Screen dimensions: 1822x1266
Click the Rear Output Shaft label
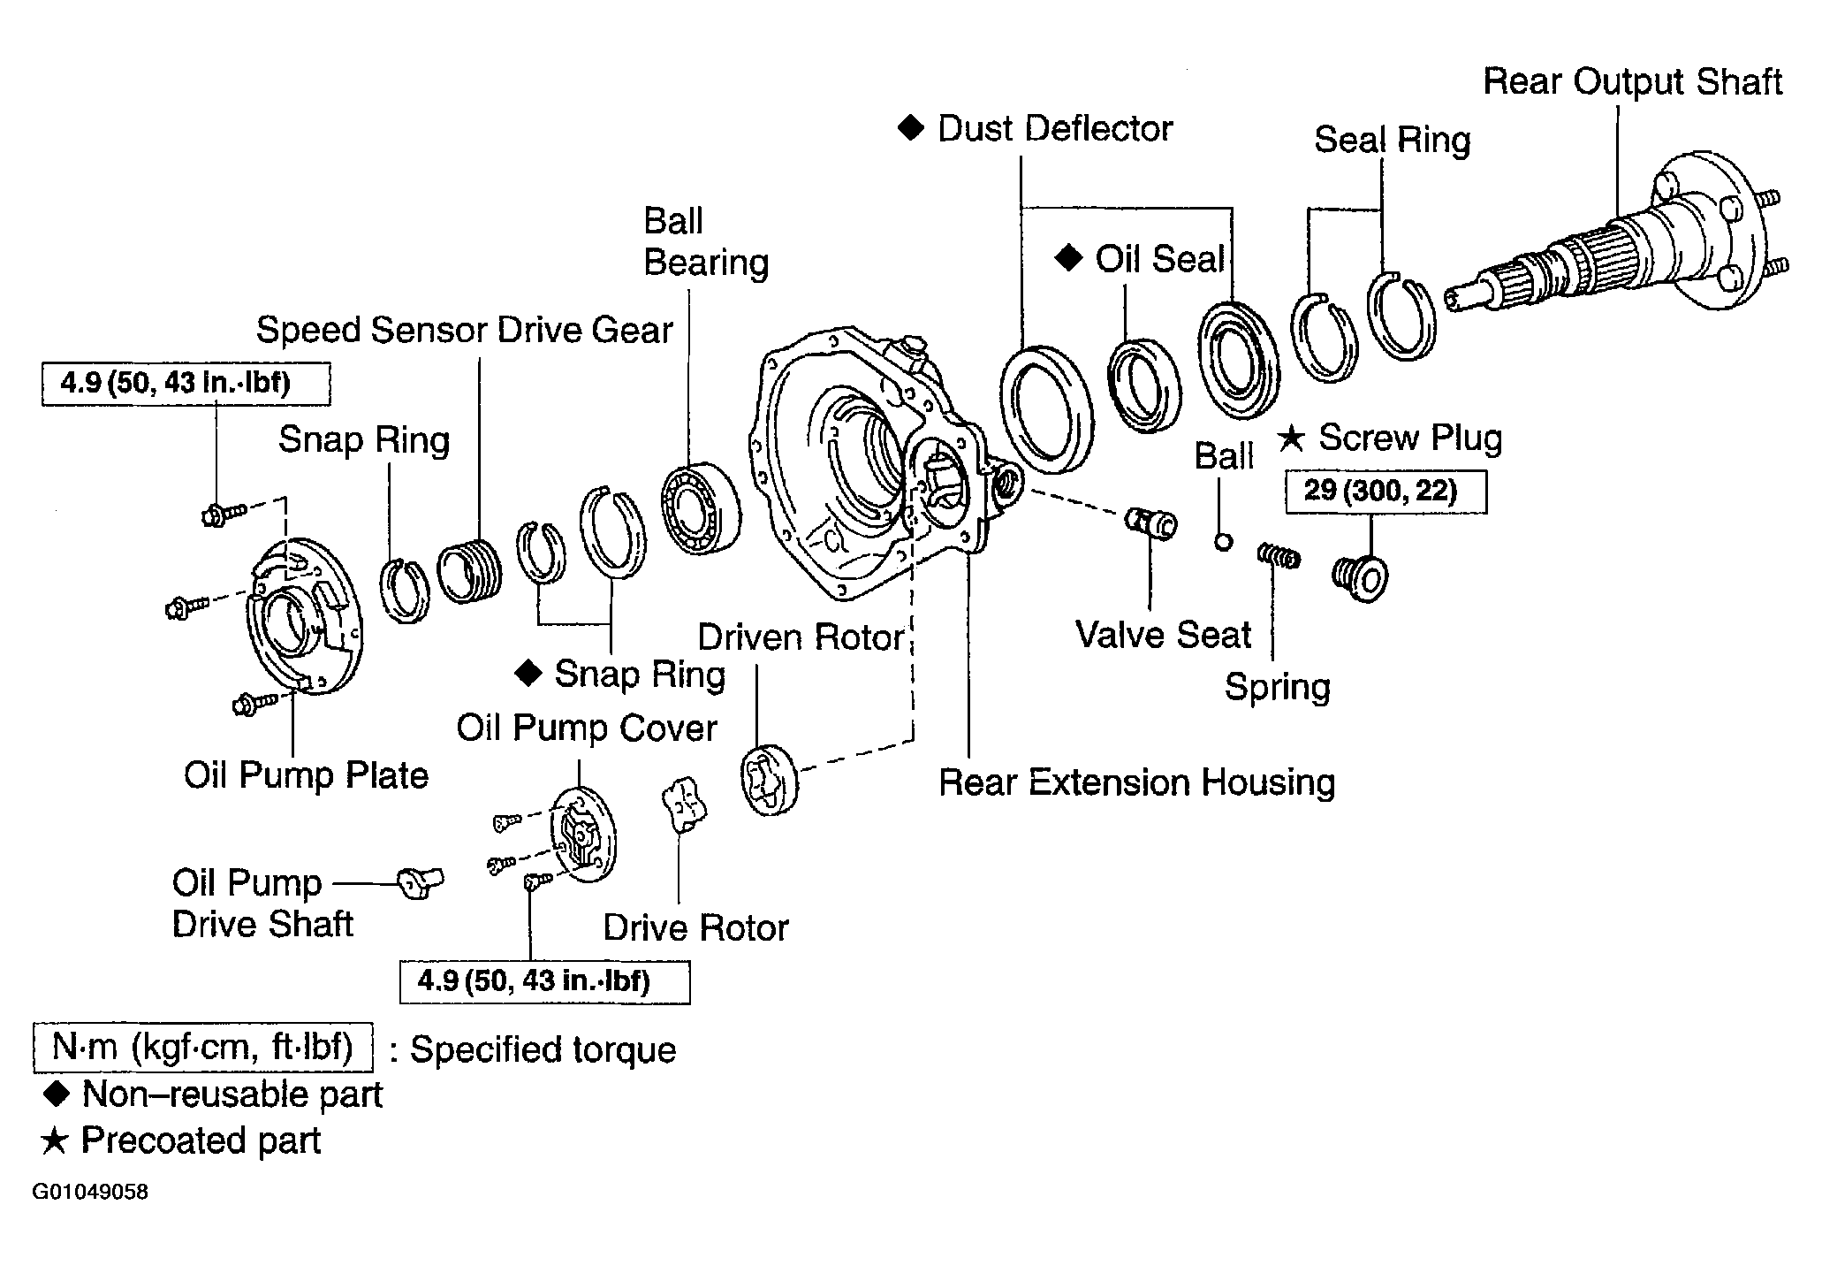tap(1632, 81)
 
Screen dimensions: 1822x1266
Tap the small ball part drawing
tap(1224, 541)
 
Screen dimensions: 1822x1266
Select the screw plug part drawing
tap(1360, 579)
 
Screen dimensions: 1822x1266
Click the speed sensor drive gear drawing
tap(469, 571)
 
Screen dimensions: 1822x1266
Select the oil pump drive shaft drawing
tap(421, 882)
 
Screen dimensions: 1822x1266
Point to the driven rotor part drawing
tap(768, 780)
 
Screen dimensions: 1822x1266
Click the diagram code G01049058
tap(90, 1192)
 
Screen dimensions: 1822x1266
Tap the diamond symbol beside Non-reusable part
tap(57, 1094)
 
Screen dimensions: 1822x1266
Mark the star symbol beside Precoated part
tap(55, 1140)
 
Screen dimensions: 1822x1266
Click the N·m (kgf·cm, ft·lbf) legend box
tap(202, 1048)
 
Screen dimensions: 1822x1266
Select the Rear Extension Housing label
tap(1136, 782)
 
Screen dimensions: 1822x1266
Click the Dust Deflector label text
tap(1055, 129)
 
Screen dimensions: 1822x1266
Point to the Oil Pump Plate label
tap(306, 775)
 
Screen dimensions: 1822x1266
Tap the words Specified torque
tap(543, 1049)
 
